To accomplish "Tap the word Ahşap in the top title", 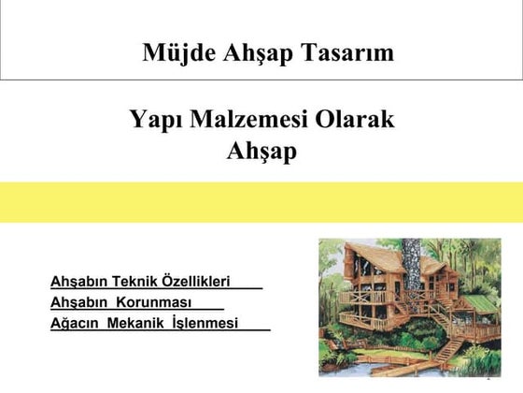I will pyautogui.click(x=256, y=52).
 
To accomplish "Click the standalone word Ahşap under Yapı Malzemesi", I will pyautogui.click(x=261, y=150).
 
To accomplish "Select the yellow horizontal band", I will pyautogui.click(x=261, y=202).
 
